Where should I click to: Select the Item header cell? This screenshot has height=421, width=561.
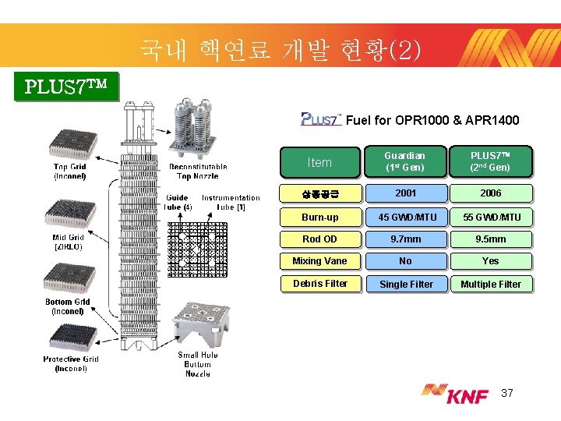tap(319, 162)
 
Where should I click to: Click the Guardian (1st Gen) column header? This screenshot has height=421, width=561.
tap(405, 161)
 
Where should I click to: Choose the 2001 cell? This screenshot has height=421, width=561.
tap(405, 193)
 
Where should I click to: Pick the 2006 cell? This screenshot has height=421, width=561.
tap(490, 193)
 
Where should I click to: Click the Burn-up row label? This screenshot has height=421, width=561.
tap(319, 217)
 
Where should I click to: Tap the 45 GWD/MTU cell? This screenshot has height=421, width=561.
tap(405, 217)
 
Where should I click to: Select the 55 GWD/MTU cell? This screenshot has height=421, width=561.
tap(490, 217)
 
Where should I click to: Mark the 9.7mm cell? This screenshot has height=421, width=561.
tap(405, 239)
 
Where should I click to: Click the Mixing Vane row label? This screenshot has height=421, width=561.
tap(319, 261)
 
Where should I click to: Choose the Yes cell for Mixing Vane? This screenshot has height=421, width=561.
tap(490, 261)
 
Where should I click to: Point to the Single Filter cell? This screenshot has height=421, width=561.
tap(405, 284)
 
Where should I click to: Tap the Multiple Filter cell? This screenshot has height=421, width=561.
tap(490, 284)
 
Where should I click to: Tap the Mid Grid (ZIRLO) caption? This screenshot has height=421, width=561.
tap(68, 242)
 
